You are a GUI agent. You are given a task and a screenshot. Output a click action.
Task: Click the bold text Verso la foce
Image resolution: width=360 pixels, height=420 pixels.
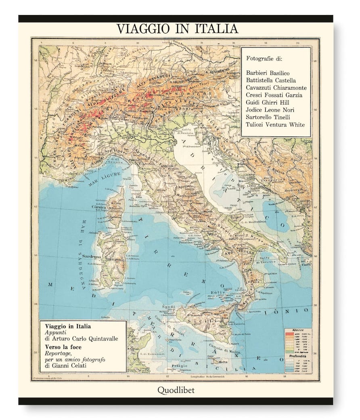click(63, 346)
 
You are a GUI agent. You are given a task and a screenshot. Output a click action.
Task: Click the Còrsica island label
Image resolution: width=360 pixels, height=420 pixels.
click(98, 207)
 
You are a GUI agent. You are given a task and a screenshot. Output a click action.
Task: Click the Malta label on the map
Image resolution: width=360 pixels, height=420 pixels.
click(222, 362)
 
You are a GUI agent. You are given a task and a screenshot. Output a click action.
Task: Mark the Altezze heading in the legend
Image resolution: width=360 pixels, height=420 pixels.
click(297, 330)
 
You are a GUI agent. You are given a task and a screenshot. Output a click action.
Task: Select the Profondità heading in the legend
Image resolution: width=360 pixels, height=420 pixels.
click(297, 357)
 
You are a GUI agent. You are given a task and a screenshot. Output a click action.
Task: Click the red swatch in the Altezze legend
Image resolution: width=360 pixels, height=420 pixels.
click(289, 334)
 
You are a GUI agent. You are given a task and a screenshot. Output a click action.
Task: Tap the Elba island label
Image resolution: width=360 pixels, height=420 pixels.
click(139, 197)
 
